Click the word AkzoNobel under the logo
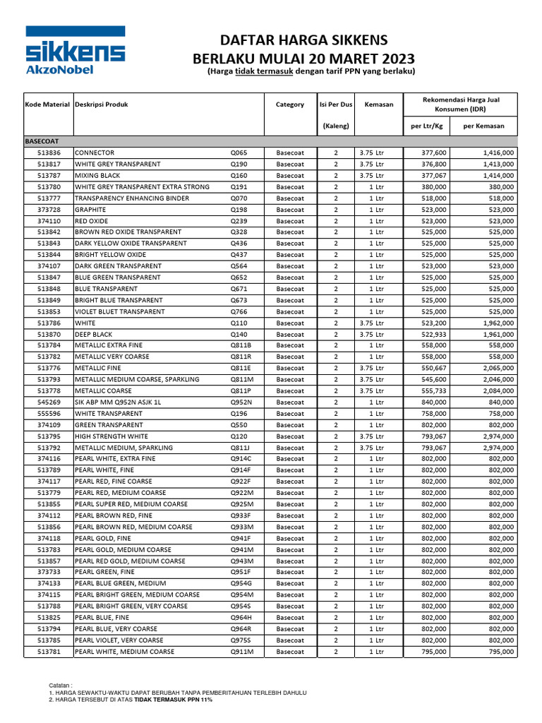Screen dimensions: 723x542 pos(59,69)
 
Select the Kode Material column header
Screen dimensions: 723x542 pos(47,104)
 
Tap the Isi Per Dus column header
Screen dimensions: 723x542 pos(336,104)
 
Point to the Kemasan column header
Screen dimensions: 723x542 pos(378,104)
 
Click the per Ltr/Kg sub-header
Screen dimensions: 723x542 pos(426,126)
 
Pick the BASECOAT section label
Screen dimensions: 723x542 pos(44,141)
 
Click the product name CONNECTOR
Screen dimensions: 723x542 pos(95,153)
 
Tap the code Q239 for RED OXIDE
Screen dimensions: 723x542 pos(240,221)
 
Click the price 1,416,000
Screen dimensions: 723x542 pos(498,153)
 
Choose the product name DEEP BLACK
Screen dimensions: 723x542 pos(94,334)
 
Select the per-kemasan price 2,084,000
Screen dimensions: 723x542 pos(498,391)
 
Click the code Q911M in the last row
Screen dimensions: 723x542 pos(242,652)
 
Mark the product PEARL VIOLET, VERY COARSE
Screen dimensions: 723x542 pos(119,640)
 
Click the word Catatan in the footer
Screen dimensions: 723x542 pos(61,686)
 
